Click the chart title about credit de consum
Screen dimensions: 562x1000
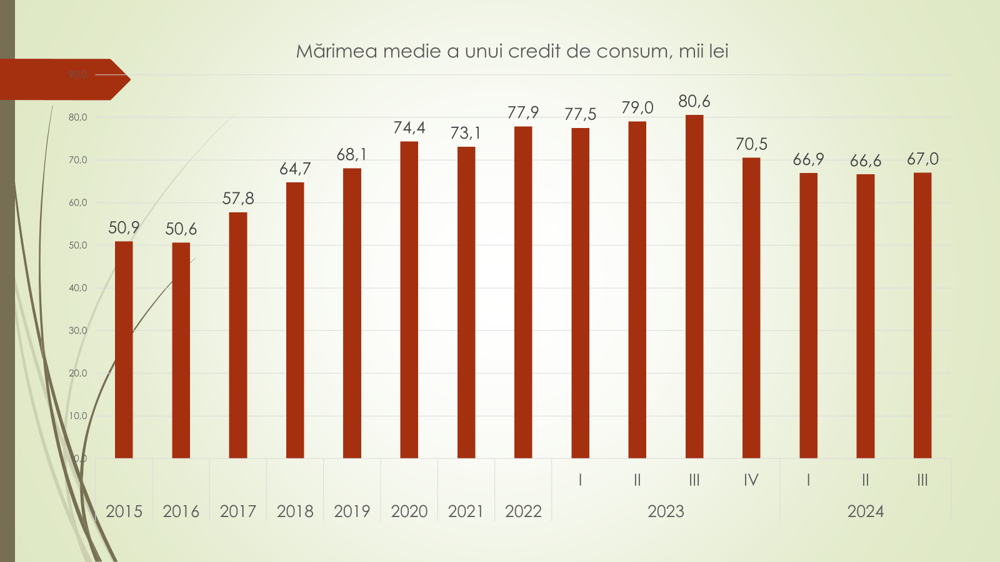[512, 51]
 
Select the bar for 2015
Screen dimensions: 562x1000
[124, 350]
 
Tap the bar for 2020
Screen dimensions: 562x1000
[409, 300]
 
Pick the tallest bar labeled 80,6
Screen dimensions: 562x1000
[694, 287]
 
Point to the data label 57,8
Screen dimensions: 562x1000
[238, 199]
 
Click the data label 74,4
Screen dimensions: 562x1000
[409, 128]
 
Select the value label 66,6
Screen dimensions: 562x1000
[865, 161]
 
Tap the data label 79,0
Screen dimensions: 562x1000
[637, 108]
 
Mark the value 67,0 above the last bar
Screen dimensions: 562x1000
[922, 159]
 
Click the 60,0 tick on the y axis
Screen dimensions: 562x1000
[78, 202]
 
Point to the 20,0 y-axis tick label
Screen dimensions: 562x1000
[78, 373]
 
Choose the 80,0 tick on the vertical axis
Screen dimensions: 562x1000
[78, 117]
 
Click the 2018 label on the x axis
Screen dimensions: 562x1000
[295, 511]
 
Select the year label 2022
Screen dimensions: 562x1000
[523, 511]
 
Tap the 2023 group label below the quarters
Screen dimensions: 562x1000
[666, 511]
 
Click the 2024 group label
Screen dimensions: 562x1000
[865, 511]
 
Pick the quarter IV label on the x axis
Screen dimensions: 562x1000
[751, 480]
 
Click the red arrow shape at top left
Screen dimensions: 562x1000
[62, 79]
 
